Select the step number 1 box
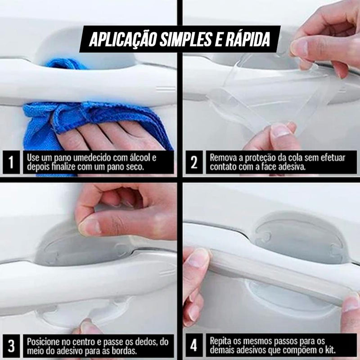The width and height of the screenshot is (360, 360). [x=11, y=163]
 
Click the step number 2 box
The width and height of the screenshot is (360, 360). [x=194, y=163]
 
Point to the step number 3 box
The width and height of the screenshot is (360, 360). [x=11, y=346]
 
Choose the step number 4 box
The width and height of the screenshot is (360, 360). [x=194, y=346]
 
